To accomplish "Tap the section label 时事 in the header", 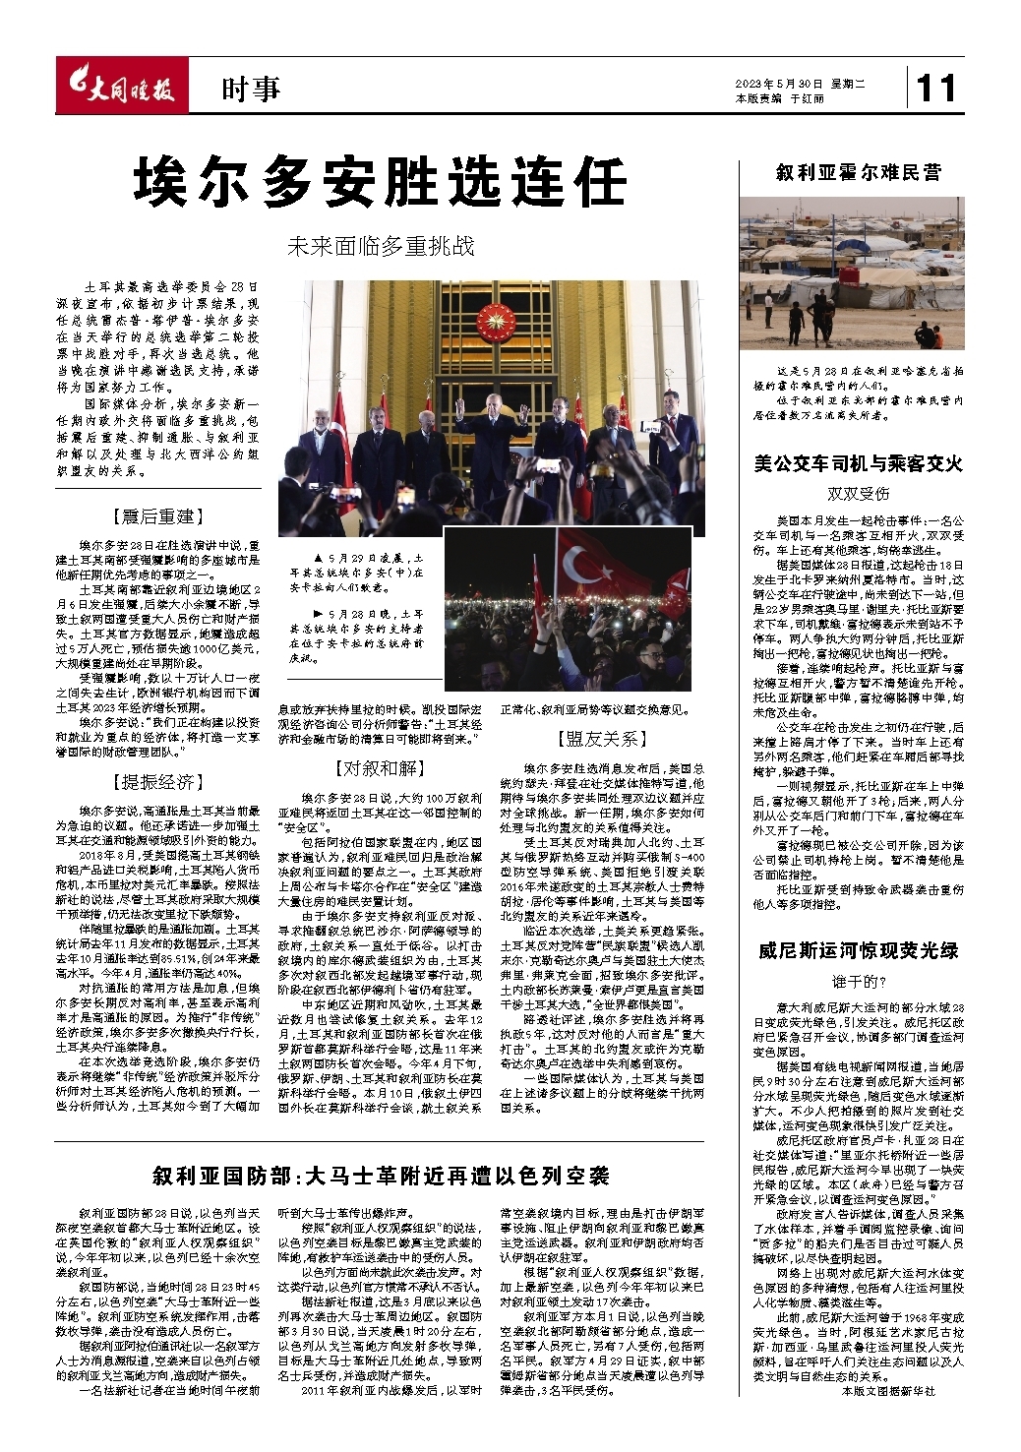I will point(250,91).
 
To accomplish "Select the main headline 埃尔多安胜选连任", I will point(381,182).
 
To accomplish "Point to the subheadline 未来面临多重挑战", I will point(381,246).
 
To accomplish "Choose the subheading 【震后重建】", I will point(157,516).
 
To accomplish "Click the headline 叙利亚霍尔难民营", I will point(858,173).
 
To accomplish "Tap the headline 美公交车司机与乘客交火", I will point(858,463).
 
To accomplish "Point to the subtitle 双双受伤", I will point(858,493).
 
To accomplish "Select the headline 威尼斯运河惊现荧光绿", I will point(858,950).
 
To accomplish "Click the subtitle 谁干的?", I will point(858,981).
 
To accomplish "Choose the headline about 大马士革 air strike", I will point(381,1176).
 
